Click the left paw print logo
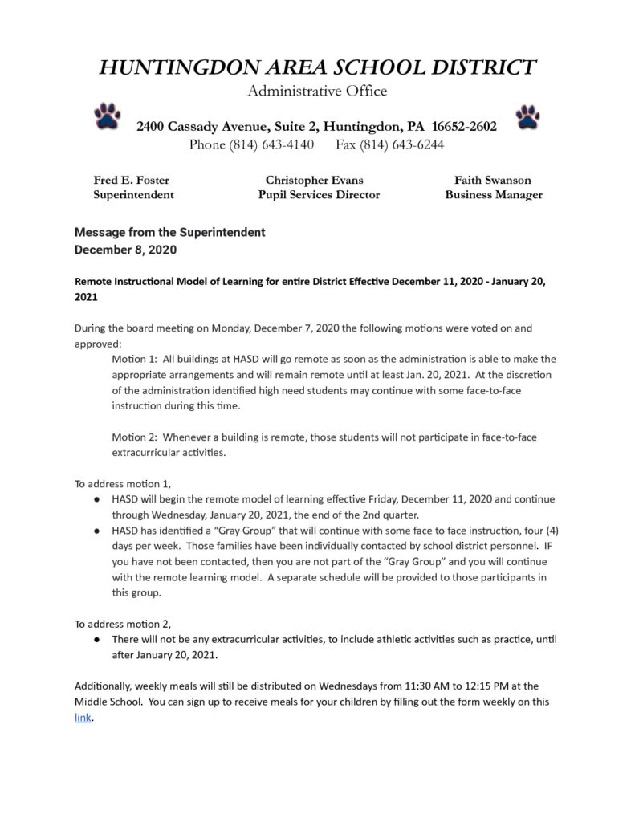tap(107, 116)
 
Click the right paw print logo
tap(528, 116)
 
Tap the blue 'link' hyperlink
tap(83, 718)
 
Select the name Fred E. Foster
tap(131, 180)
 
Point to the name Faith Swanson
tap(493, 180)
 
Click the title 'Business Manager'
tap(494, 195)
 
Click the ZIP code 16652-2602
tap(464, 127)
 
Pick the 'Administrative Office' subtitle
tap(317, 91)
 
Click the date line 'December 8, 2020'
tap(125, 250)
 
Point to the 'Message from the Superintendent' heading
tap(169, 232)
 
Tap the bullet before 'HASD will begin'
tap(96, 499)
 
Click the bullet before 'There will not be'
tap(96, 639)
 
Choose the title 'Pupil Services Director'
tap(319, 195)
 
